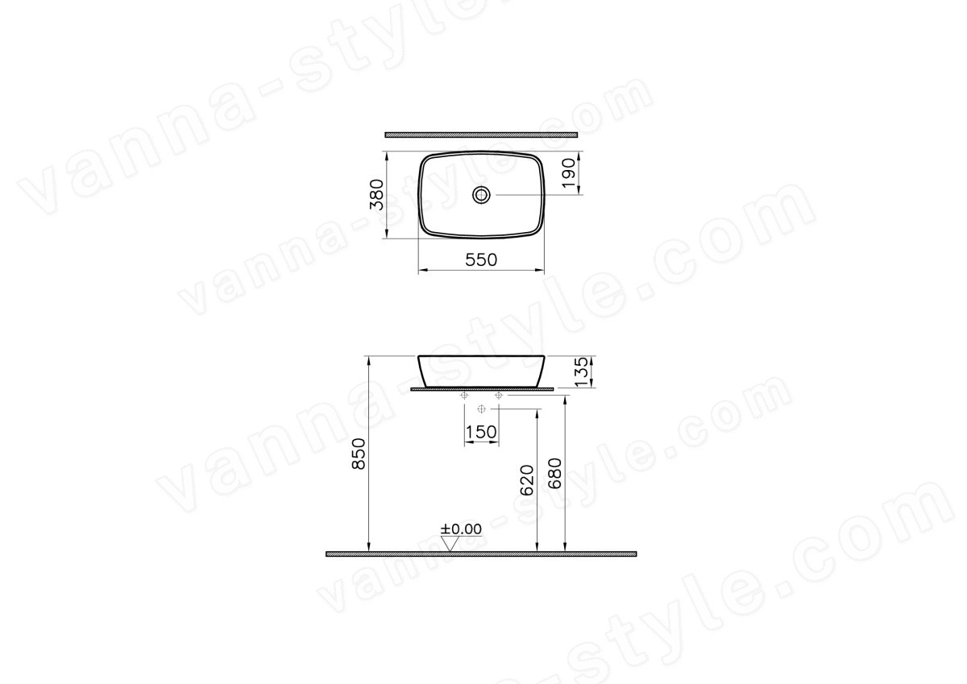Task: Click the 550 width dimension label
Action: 481,259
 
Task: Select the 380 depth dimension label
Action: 377,194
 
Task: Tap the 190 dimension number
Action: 569,173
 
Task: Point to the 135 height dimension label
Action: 582,371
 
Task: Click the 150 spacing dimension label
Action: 481,432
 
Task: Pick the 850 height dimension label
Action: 359,454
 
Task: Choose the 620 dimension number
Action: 527,480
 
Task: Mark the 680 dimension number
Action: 554,474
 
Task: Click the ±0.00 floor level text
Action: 461,529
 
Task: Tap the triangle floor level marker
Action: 450,544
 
